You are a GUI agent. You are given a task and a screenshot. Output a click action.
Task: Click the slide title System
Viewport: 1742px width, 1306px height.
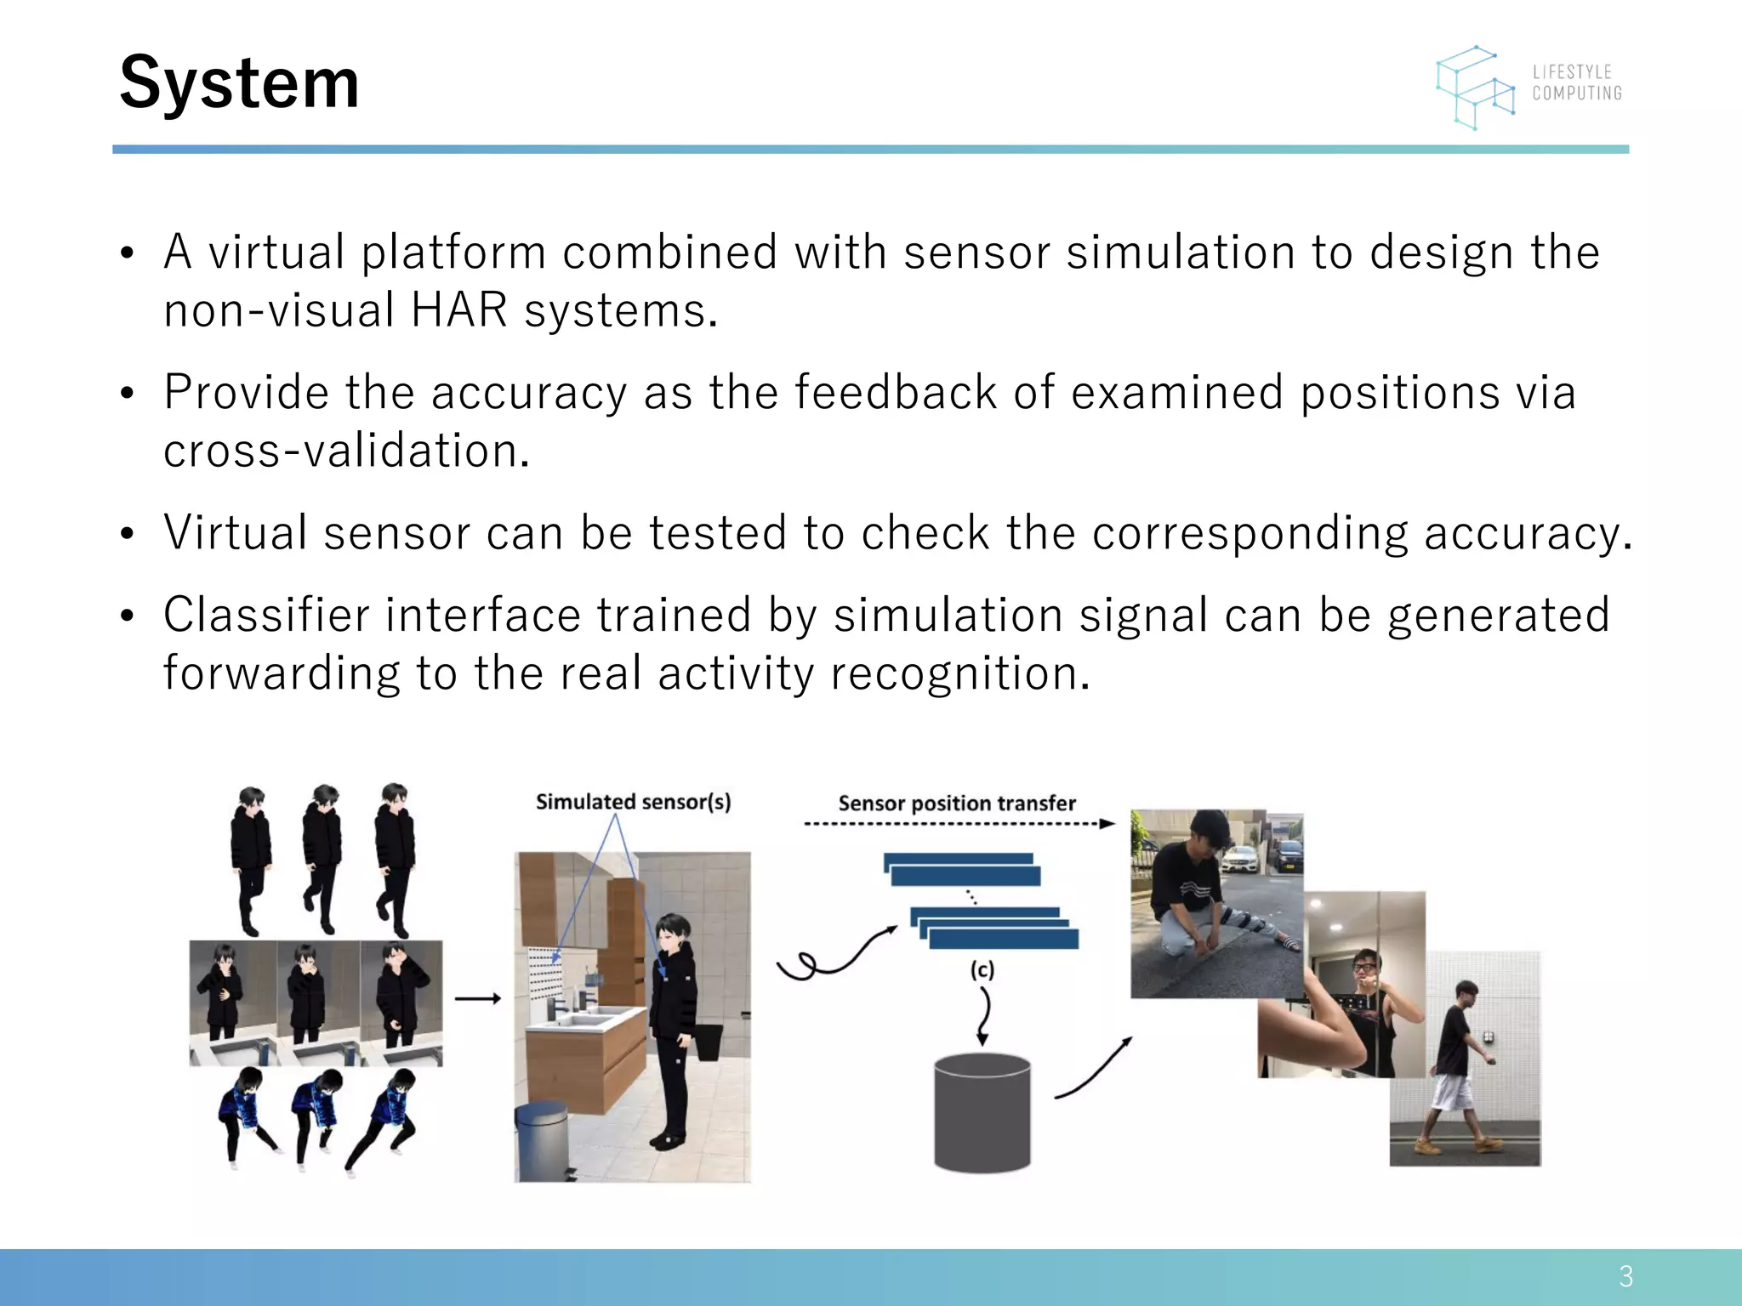239,82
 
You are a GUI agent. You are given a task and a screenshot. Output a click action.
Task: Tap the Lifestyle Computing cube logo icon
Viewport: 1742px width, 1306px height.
1476,88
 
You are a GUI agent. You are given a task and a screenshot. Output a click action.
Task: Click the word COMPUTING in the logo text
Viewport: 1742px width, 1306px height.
1577,94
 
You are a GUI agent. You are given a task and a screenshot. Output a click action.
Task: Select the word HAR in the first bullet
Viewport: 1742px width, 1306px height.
458,310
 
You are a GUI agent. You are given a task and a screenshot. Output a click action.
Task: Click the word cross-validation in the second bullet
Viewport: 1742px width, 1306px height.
346,451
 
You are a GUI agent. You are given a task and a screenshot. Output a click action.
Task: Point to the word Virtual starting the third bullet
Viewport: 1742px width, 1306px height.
236,533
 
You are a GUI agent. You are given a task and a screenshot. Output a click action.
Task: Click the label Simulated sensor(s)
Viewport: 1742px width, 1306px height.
633,802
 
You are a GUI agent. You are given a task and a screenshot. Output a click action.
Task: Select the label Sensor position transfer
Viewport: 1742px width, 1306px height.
957,803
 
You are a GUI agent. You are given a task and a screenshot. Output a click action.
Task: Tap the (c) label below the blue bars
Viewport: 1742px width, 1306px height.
982,969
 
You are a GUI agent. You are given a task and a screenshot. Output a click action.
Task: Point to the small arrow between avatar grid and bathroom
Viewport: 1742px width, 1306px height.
477,999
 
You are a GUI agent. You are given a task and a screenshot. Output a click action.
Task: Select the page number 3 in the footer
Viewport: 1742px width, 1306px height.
1625,1276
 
